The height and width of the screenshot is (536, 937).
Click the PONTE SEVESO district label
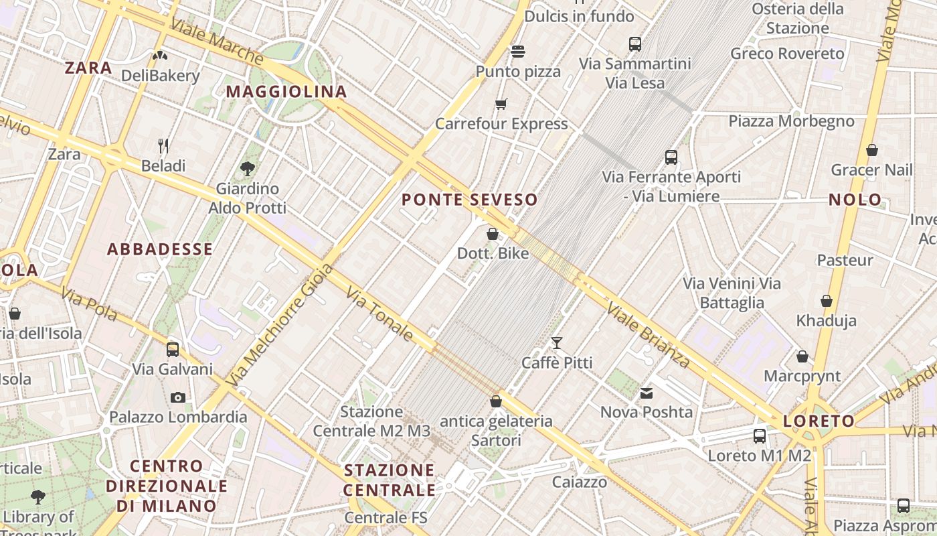point(469,200)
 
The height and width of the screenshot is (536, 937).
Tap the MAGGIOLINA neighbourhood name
point(286,92)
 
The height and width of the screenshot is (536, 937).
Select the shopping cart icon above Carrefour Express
point(501,104)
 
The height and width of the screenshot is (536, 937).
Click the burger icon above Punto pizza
point(517,51)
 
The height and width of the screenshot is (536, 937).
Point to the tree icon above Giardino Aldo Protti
point(247,168)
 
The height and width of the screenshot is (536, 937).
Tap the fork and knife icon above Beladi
point(163,145)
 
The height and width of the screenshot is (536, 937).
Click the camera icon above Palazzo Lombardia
point(177,397)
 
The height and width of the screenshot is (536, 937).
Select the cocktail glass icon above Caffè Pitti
point(557,343)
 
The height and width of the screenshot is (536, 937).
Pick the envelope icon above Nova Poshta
point(647,393)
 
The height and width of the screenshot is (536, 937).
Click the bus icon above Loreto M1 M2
point(760,436)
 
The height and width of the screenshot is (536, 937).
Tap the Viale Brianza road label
point(648,334)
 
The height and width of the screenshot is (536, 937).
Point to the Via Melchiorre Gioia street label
point(279,324)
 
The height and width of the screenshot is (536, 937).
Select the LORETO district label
point(819,421)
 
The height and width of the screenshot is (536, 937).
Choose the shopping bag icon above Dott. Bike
point(493,234)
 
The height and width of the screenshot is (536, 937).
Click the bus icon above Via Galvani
point(173,349)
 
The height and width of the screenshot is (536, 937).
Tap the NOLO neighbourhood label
point(855,200)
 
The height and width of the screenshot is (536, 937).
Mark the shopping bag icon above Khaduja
point(827,301)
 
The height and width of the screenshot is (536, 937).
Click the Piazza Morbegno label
point(791,121)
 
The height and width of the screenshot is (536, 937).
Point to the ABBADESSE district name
point(160,249)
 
